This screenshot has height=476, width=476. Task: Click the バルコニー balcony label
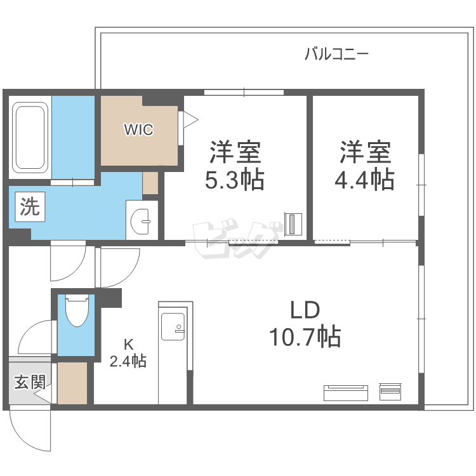pyautogui.click(x=336, y=54)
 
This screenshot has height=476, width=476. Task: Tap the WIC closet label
pyautogui.click(x=138, y=129)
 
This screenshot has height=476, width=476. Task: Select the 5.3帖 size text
pyautogui.click(x=235, y=180)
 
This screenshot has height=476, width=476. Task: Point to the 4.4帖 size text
pyautogui.click(x=364, y=180)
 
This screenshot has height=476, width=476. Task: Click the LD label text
pyautogui.click(x=305, y=310)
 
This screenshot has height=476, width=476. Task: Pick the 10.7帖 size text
pyautogui.click(x=305, y=336)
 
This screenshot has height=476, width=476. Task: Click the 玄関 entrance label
pyautogui.click(x=30, y=381)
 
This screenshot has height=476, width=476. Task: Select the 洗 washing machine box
pyautogui.click(x=30, y=207)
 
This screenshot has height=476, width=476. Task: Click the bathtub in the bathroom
pyautogui.click(x=30, y=137)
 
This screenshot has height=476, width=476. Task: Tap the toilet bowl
pyautogui.click(x=77, y=310)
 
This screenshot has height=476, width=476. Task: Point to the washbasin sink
pyautogui.click(x=140, y=221)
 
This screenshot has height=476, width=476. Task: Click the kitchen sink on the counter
pyautogui.click(x=173, y=327)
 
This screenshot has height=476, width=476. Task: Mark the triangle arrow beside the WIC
pyautogui.click(x=190, y=119)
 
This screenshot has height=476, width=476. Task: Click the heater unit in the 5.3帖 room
pyautogui.click(x=293, y=225)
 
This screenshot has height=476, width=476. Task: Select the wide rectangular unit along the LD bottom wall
pyautogui.click(x=346, y=393)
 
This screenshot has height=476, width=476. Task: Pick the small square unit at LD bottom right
pyautogui.click(x=390, y=392)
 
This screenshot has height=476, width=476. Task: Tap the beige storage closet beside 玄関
pyautogui.click(x=72, y=383)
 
